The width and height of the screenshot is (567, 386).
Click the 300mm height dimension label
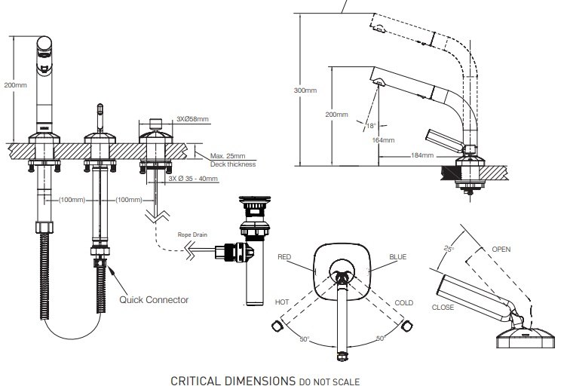(x=305, y=90)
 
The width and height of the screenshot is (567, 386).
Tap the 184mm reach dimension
(x=422, y=155)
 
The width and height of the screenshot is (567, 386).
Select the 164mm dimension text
(x=383, y=140)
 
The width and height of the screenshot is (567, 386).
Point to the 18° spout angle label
(x=371, y=126)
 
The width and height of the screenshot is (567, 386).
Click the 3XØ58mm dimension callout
(x=192, y=119)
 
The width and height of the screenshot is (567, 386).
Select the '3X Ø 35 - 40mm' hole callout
(x=193, y=179)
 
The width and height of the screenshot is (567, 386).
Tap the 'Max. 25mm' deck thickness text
(x=228, y=156)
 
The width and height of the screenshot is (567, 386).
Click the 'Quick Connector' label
(x=154, y=299)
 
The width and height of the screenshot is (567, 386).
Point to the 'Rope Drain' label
(x=192, y=234)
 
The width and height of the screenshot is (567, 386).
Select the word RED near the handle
(x=284, y=257)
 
